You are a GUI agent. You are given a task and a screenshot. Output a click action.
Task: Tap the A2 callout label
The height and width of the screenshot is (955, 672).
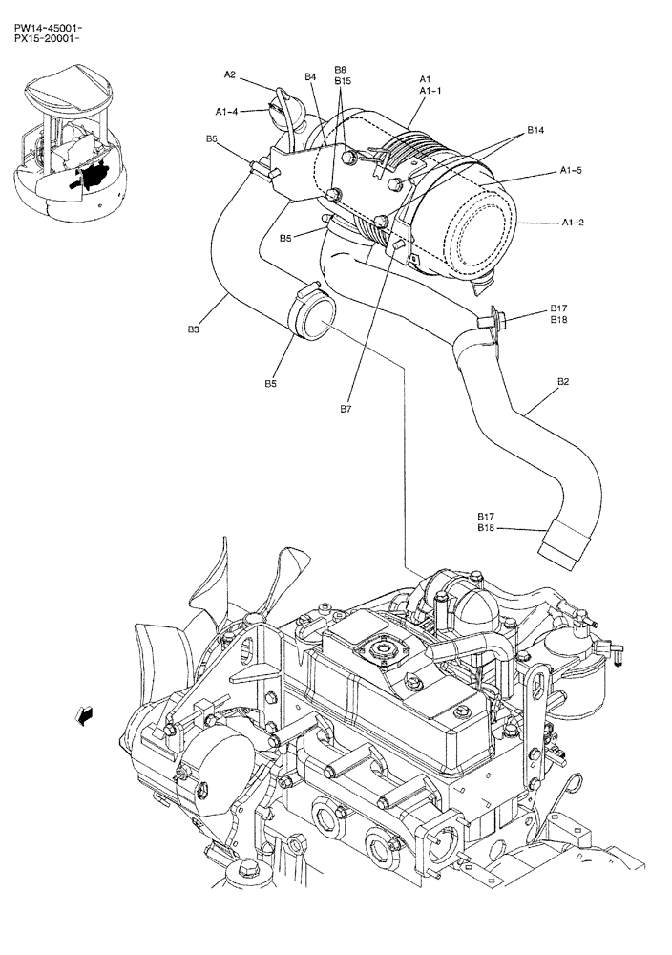(x=230, y=74)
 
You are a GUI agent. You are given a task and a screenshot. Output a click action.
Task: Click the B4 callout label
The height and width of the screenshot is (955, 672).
(x=310, y=76)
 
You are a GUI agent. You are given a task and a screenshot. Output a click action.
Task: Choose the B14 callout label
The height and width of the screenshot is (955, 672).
(x=535, y=130)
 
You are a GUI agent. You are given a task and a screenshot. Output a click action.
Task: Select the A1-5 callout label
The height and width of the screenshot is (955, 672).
(x=571, y=172)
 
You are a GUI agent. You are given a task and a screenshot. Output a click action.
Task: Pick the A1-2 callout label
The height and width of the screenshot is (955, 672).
(x=574, y=223)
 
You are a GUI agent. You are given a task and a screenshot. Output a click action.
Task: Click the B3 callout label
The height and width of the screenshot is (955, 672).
(x=193, y=329)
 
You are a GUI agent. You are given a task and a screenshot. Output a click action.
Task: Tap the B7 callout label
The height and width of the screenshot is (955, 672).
(x=346, y=408)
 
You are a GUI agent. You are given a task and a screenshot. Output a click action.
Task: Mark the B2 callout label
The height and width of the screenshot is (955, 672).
(x=563, y=381)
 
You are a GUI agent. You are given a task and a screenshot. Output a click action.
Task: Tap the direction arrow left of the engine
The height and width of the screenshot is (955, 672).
(x=85, y=713)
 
